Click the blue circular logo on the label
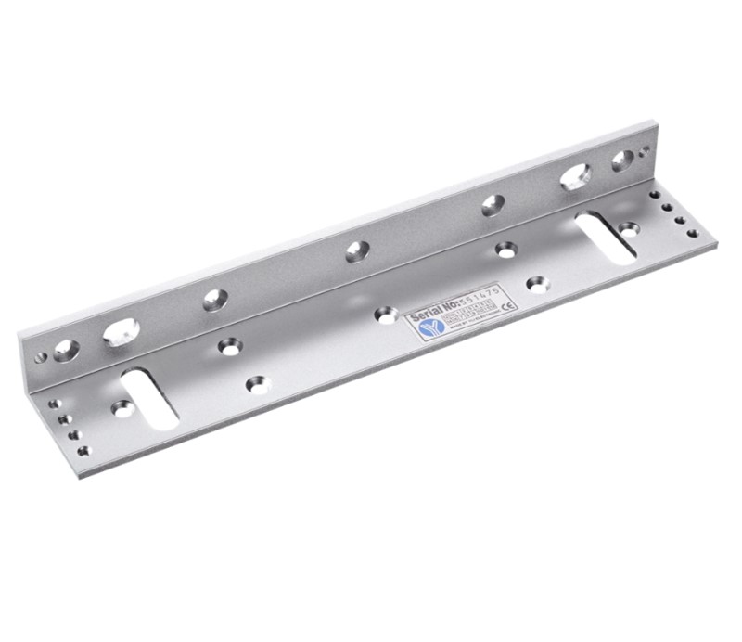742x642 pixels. (x=428, y=327)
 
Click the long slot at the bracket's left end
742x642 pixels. (x=149, y=398)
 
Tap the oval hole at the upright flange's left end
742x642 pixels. (x=121, y=331)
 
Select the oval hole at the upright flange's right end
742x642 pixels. (x=576, y=175)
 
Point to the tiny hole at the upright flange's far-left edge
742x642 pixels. (x=40, y=357)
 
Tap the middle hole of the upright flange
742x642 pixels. (x=356, y=250)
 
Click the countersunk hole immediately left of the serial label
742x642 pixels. (x=386, y=315)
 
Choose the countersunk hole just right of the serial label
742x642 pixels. (x=536, y=284)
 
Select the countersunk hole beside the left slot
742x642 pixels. (x=122, y=407)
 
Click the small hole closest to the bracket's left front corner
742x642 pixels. (x=83, y=451)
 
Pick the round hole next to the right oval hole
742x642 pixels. (x=621, y=160)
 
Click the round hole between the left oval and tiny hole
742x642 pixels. (x=66, y=349)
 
